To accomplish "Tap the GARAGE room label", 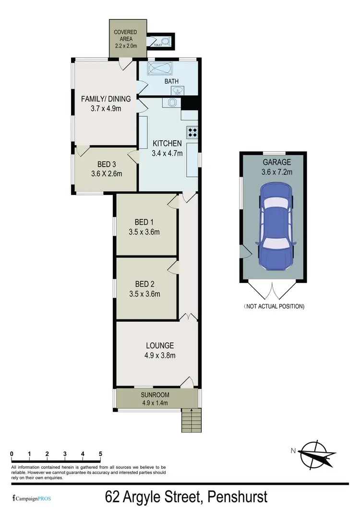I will tap(272, 162).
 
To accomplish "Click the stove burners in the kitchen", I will tap(193, 132).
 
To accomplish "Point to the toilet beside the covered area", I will tap(165, 42).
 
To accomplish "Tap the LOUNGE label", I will tap(160, 345).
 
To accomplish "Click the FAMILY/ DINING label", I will tap(106, 99).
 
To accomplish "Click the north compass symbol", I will tap(314, 451).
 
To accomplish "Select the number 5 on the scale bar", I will tap(100, 454).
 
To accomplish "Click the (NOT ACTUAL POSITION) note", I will tap(274, 306).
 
